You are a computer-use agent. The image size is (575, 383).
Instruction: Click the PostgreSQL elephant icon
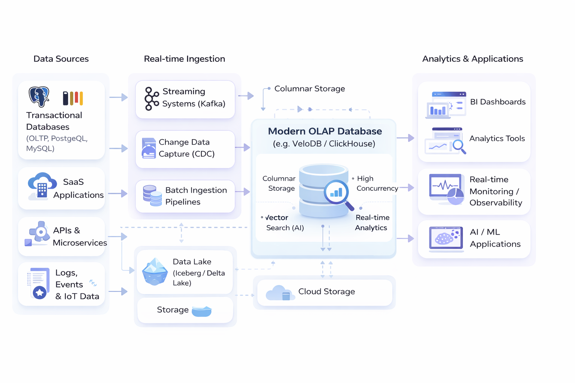click(x=39, y=96)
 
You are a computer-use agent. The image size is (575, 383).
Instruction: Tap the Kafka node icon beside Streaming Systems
click(x=152, y=99)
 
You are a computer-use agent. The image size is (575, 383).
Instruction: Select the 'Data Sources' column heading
click(x=61, y=59)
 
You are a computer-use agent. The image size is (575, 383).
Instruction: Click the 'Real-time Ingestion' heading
click(x=184, y=59)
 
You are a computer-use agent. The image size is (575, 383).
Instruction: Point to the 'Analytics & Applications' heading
click(x=472, y=59)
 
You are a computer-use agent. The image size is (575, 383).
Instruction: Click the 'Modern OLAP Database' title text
click(x=325, y=131)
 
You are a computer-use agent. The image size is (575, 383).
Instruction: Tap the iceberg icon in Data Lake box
click(x=155, y=272)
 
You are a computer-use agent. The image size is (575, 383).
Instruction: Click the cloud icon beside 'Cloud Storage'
click(x=279, y=292)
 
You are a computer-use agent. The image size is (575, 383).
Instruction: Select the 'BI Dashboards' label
click(x=498, y=102)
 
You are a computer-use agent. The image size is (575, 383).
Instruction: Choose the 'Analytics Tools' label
click(x=497, y=138)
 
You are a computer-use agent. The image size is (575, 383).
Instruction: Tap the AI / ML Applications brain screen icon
click(x=445, y=238)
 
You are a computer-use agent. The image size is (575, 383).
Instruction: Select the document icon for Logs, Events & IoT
click(x=39, y=283)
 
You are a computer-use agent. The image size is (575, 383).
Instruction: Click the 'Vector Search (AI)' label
click(x=284, y=223)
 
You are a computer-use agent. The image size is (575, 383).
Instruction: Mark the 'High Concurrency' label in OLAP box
click(x=376, y=183)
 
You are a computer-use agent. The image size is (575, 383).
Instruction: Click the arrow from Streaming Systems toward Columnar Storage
click(x=246, y=96)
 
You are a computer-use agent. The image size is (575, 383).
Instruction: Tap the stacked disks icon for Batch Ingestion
click(x=152, y=196)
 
